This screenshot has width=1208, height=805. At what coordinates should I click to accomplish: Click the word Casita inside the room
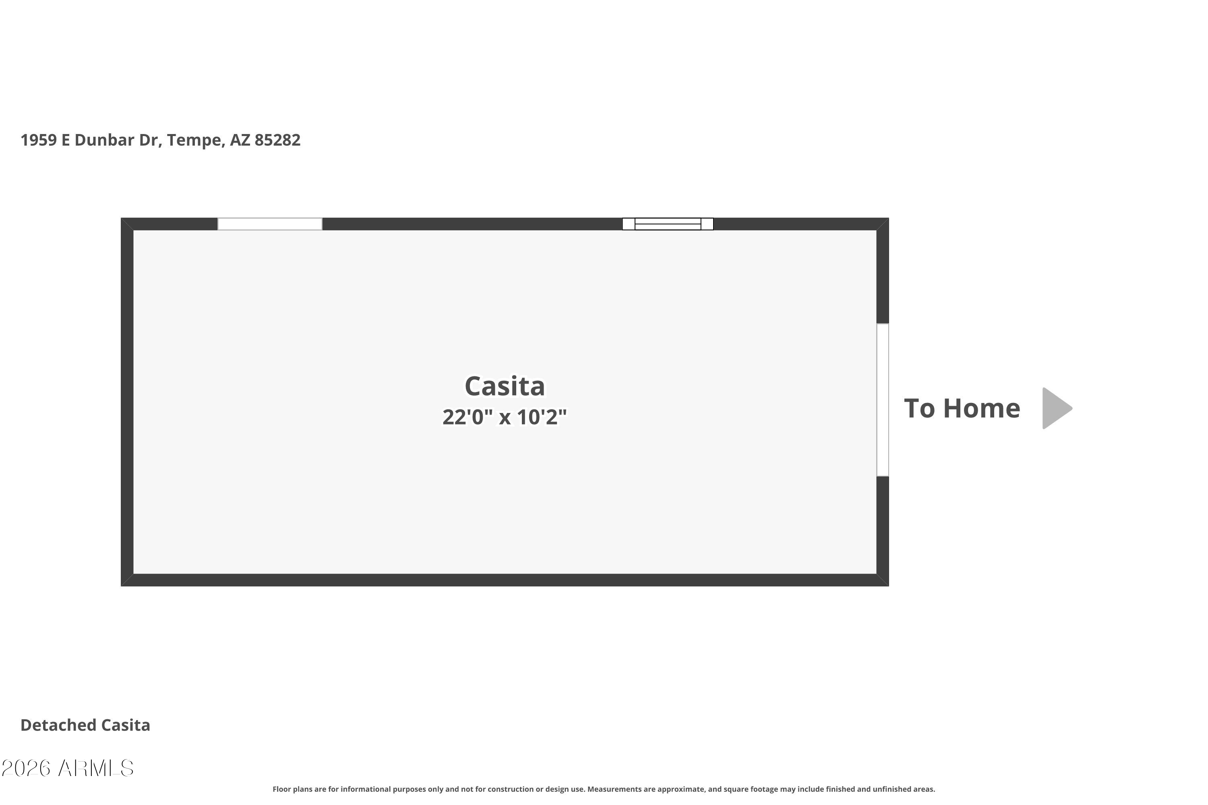click(505, 386)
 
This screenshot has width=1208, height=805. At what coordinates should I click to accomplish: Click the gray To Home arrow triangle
click(1057, 408)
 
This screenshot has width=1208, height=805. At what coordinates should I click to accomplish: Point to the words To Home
click(962, 408)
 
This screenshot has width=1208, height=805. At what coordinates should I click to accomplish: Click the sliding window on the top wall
click(668, 224)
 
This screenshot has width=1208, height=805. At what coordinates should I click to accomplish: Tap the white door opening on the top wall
click(270, 224)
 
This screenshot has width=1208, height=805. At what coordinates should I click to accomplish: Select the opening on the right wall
click(882, 400)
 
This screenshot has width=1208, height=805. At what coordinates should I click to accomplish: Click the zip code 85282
click(277, 140)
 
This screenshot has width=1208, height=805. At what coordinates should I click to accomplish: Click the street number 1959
click(39, 140)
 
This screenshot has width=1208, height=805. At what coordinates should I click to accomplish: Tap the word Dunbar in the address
click(104, 140)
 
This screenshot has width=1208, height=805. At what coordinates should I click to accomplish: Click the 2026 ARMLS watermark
click(67, 768)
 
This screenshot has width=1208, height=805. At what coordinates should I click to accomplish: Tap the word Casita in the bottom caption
click(125, 725)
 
